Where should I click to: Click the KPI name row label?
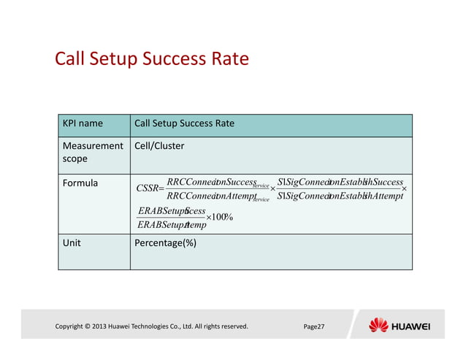[x=82, y=123]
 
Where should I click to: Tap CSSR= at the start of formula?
[x=150, y=190]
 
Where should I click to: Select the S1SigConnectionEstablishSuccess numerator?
[x=340, y=182]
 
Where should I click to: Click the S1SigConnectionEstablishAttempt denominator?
[x=340, y=196]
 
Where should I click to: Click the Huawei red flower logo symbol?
[x=379, y=325]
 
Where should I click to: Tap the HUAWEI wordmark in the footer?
[x=412, y=326]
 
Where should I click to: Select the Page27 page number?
[x=314, y=326]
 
